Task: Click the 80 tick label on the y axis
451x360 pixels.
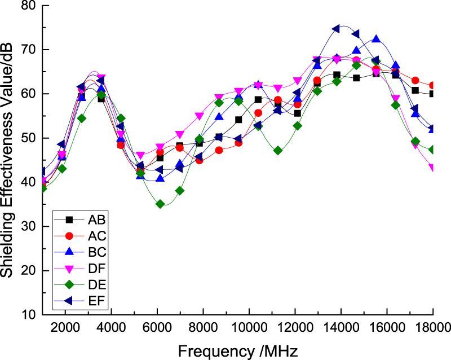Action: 28,6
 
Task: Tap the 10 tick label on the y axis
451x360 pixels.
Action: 28,314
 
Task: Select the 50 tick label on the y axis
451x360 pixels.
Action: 28,138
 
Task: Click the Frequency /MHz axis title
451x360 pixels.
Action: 234,350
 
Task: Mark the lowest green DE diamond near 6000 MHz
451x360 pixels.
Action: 160,204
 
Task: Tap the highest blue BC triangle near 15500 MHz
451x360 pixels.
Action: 376,39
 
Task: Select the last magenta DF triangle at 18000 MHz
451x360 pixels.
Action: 432,168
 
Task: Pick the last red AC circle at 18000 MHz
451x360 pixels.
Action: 432,85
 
